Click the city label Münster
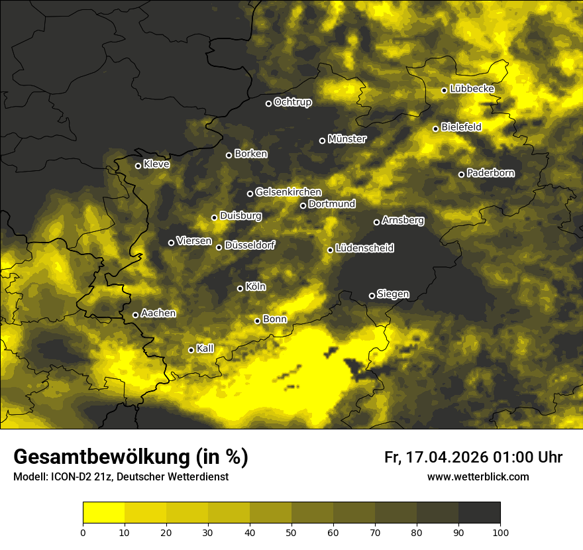pos(346,139)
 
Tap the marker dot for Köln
pos(240,288)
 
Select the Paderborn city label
pos(490,174)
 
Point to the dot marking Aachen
pos(135,315)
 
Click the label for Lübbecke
pos(472,89)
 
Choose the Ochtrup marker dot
pos(268,103)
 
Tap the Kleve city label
pos(156,164)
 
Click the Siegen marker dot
pos(372,296)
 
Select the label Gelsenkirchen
pos(288,192)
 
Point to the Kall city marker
pos(191,350)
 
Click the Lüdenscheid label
pos(364,248)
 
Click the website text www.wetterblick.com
pos(478,477)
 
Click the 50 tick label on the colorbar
pos(291,532)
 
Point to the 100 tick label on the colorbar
pos(500,532)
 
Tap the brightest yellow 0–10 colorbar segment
pos(103,513)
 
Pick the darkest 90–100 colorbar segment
pos(479,513)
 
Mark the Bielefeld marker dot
pos(435,129)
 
